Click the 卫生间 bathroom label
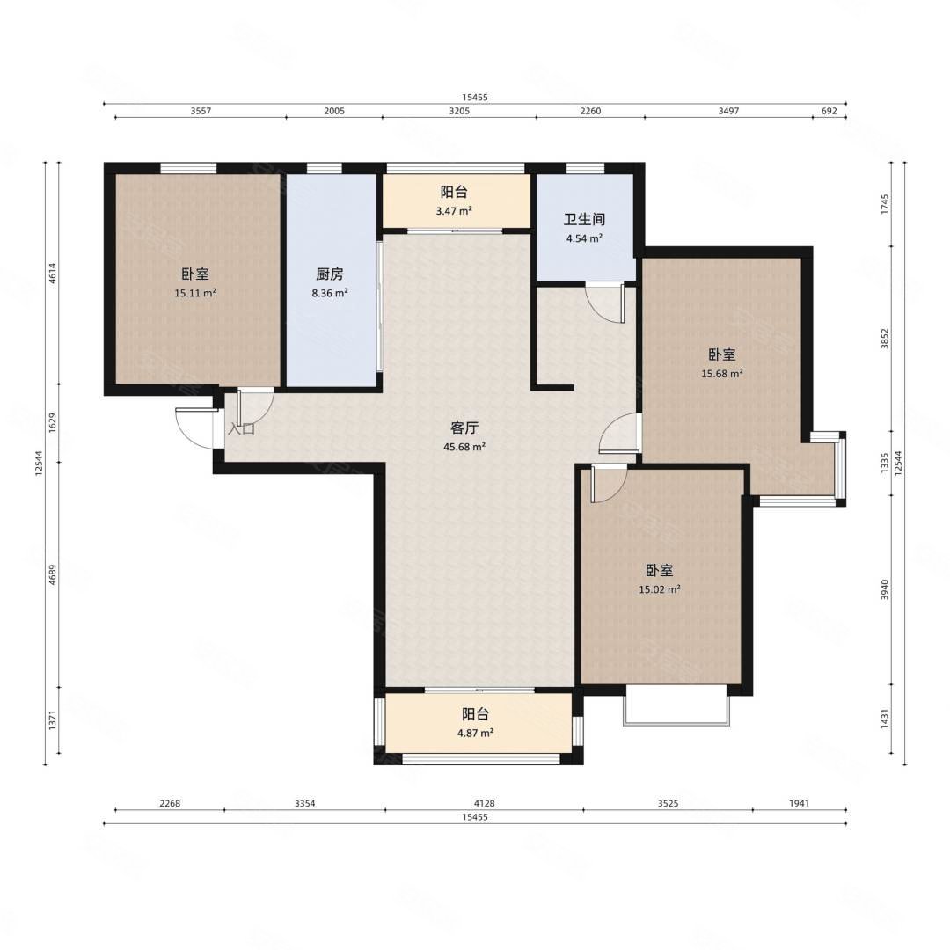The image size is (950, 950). pyautogui.click(x=584, y=219)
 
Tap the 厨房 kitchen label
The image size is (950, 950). pyautogui.click(x=330, y=274)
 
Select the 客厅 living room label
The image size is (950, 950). pyautogui.click(x=464, y=428)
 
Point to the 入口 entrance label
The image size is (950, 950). pyautogui.click(x=241, y=429)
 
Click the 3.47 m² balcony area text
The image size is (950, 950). pyautogui.click(x=454, y=211)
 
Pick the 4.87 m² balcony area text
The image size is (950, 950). pyautogui.click(x=475, y=733)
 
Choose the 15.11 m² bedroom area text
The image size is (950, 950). pyautogui.click(x=195, y=293)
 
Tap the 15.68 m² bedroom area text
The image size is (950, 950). pyautogui.click(x=722, y=374)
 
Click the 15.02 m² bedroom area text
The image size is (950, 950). pyautogui.click(x=659, y=589)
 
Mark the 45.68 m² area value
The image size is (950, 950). pyautogui.click(x=464, y=447)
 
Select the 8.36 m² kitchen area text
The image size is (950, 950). pyautogui.click(x=330, y=293)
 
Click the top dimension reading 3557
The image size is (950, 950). pyautogui.click(x=201, y=111)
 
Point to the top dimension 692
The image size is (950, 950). pyautogui.click(x=829, y=111)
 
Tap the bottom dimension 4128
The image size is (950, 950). pyautogui.click(x=484, y=803)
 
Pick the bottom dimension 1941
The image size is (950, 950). pyautogui.click(x=799, y=803)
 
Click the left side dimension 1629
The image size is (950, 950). pyautogui.click(x=53, y=422)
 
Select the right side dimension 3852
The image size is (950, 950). pyautogui.click(x=885, y=339)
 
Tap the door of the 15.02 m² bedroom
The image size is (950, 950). pyautogui.click(x=608, y=485)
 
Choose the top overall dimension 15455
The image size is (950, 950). pyautogui.click(x=474, y=97)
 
